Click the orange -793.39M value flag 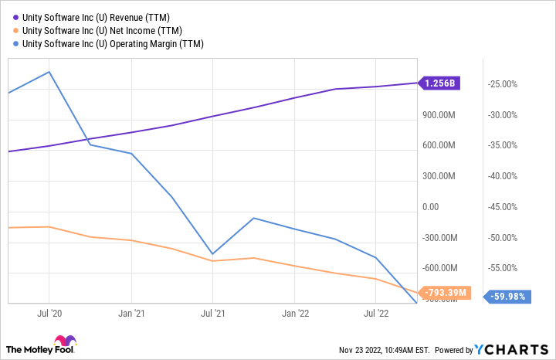click(x=441, y=292)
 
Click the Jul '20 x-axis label click(x=49, y=314)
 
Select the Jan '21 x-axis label click(x=131, y=314)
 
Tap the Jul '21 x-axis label click(x=212, y=314)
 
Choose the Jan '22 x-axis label click(x=295, y=314)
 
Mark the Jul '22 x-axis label click(x=376, y=314)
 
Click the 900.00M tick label click(x=440, y=115)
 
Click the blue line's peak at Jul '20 click(x=49, y=72)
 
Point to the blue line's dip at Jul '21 click(x=212, y=254)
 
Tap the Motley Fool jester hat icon click(x=65, y=342)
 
